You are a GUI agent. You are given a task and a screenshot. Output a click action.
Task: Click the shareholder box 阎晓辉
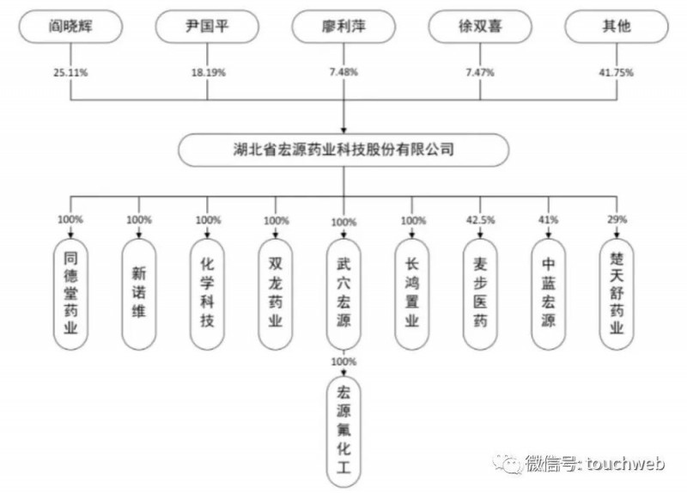pyautogui.click(x=70, y=27)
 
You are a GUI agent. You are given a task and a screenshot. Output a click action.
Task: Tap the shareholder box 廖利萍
pyautogui.click(x=343, y=27)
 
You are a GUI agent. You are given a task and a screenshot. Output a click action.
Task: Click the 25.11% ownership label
pyautogui.click(x=70, y=73)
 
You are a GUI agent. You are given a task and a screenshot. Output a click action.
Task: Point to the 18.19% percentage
pyautogui.click(x=208, y=73)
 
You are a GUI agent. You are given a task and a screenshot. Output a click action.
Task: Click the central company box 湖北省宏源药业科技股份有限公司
pyautogui.click(x=343, y=149)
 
